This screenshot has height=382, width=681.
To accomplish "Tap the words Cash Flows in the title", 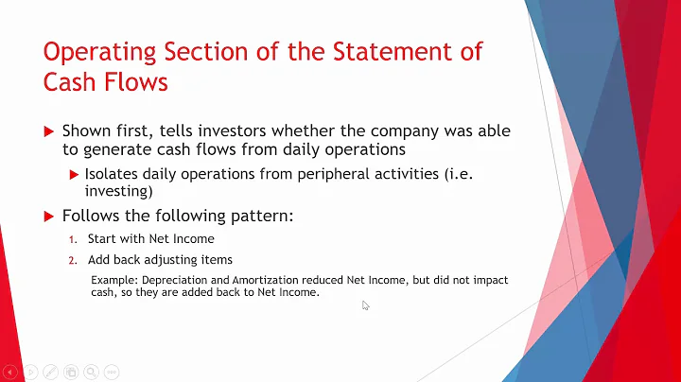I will [106, 82].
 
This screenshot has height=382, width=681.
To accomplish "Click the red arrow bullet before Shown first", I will [50, 131].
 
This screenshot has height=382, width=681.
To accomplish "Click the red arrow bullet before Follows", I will [50, 217].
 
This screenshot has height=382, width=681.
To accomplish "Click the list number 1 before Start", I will [73, 239].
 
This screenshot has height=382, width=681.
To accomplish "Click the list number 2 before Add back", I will [73, 260].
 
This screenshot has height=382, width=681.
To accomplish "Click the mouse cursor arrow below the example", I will [366, 305].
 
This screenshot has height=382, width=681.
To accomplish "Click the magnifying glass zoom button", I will [91, 372].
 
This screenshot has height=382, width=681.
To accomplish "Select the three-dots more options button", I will [112, 372].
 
